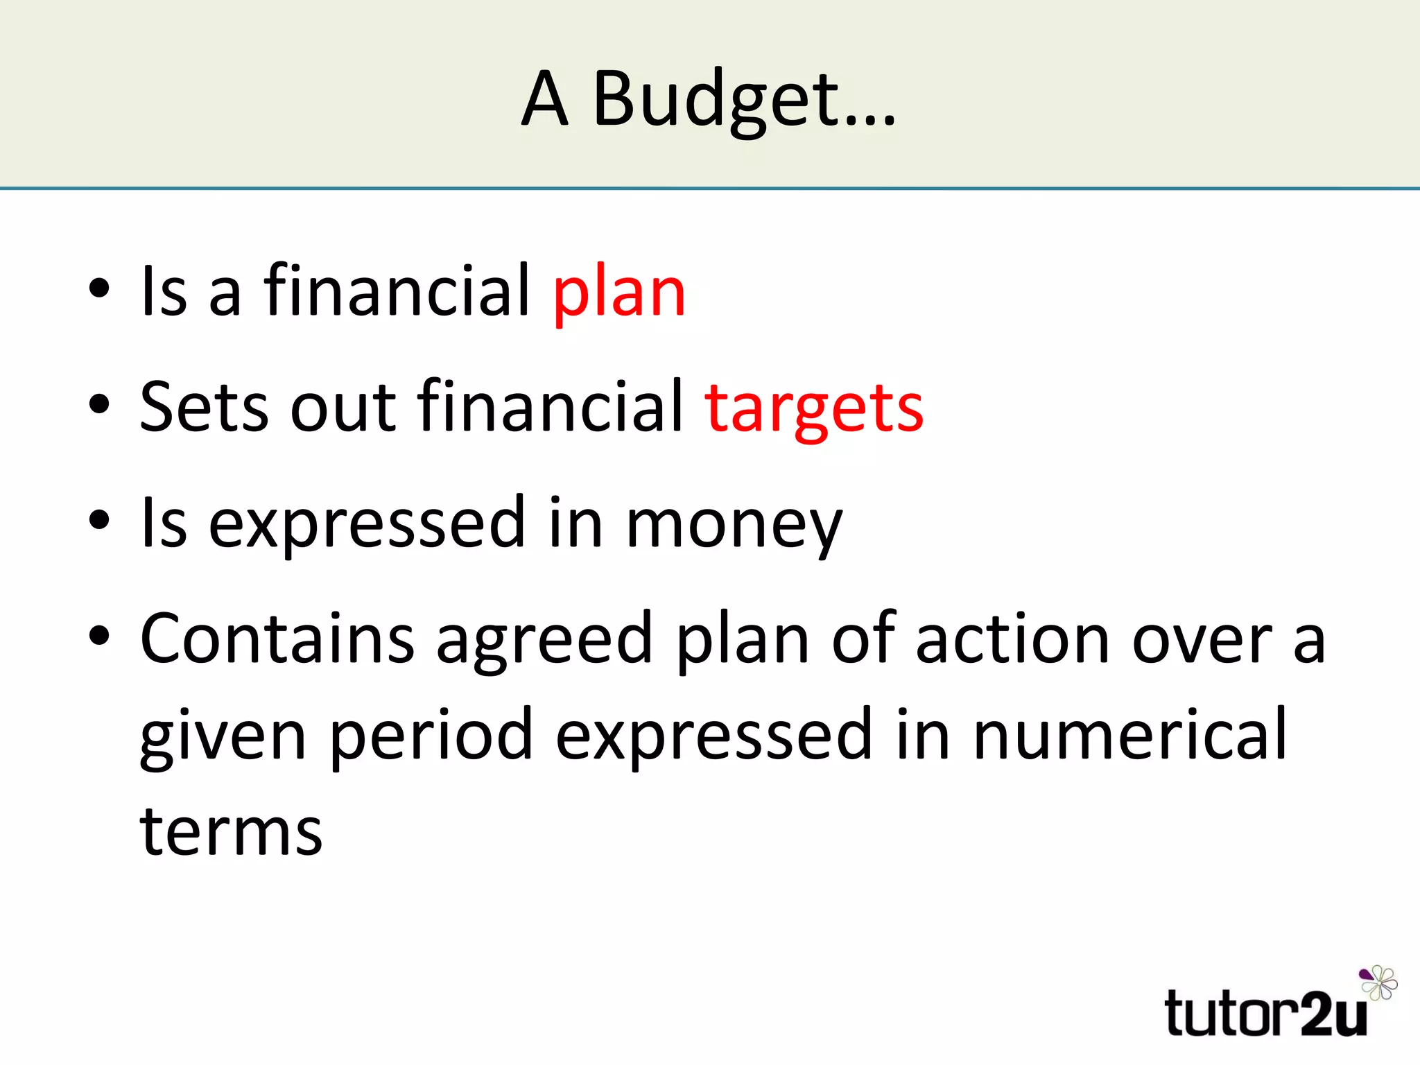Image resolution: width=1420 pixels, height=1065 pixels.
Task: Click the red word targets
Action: tap(814, 409)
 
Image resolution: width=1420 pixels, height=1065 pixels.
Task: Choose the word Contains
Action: tap(277, 639)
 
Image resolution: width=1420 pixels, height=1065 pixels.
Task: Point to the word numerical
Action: tap(1130, 735)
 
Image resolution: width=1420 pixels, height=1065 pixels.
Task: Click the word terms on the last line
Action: tap(231, 832)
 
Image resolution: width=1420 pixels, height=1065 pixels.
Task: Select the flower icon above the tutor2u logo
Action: tap(1378, 982)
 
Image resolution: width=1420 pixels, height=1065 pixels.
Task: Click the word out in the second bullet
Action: tap(343, 409)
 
